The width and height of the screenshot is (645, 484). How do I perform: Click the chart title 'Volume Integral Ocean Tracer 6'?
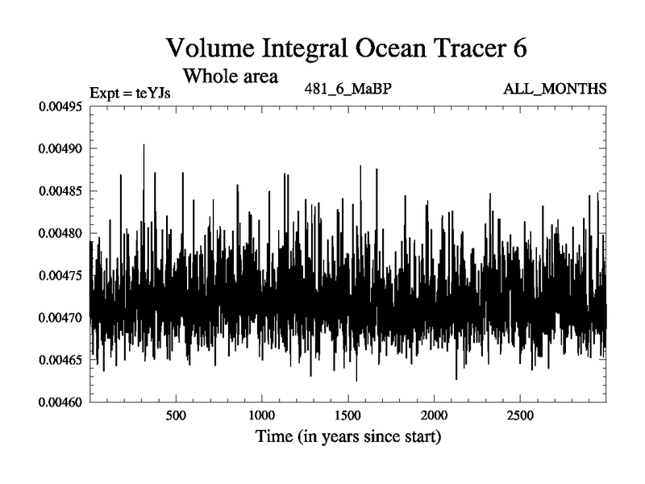(347, 48)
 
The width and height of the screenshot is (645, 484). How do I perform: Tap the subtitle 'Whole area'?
(231, 77)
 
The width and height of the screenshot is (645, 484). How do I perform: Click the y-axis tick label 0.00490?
(61, 148)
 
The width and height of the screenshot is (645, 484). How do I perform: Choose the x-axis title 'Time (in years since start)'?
(347, 438)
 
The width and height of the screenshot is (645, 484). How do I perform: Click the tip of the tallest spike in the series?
(144, 144)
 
